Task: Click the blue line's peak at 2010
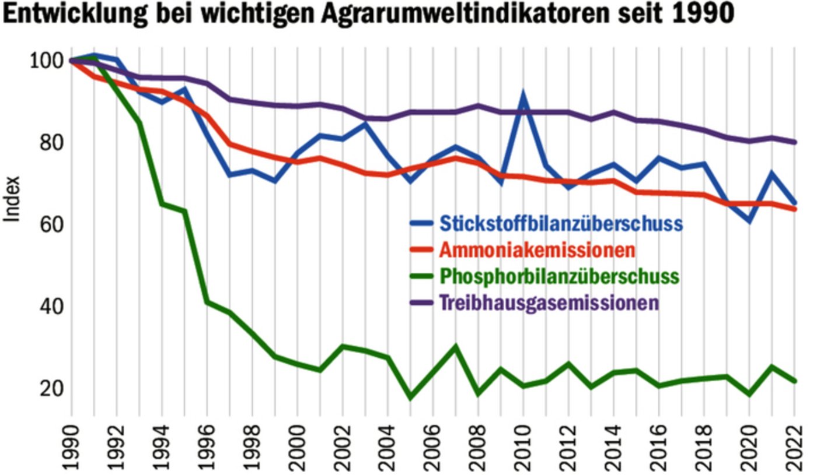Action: (523, 94)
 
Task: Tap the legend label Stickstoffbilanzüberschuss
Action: (560, 224)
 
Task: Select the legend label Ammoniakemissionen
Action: (536, 251)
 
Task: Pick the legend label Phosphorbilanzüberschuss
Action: (559, 276)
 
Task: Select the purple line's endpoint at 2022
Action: (794, 142)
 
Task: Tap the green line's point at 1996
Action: (207, 302)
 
